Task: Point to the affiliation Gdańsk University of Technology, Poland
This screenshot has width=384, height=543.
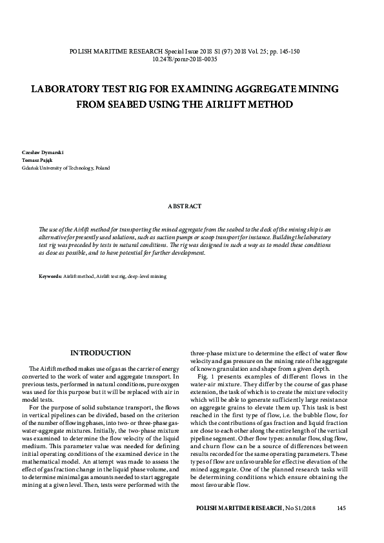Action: click(66, 168)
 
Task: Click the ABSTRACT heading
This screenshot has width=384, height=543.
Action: click(185, 206)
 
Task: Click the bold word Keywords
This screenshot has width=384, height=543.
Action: click(50, 276)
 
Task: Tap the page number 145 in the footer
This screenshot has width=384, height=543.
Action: click(342, 509)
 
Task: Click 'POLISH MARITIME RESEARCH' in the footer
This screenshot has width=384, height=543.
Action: click(239, 509)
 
